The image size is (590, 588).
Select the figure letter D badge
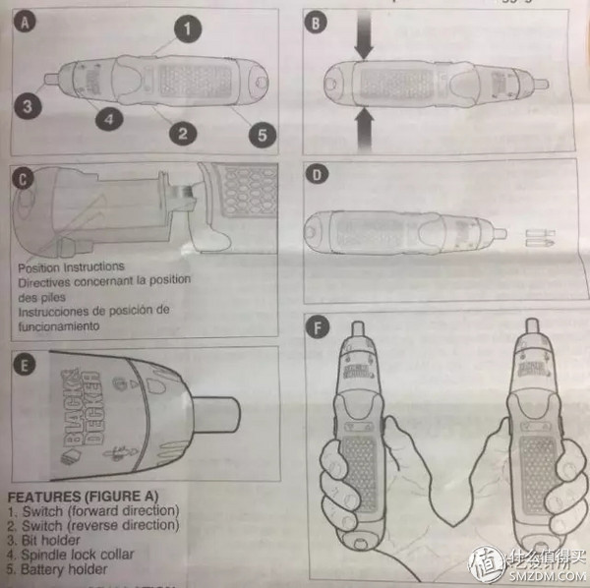point(316,176)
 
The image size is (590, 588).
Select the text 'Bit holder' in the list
point(54,540)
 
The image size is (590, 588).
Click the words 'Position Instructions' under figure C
point(71,267)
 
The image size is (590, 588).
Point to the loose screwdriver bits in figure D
point(542,236)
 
